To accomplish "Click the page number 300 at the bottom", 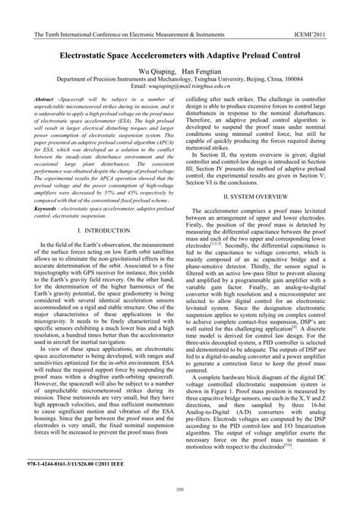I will [180, 488].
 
